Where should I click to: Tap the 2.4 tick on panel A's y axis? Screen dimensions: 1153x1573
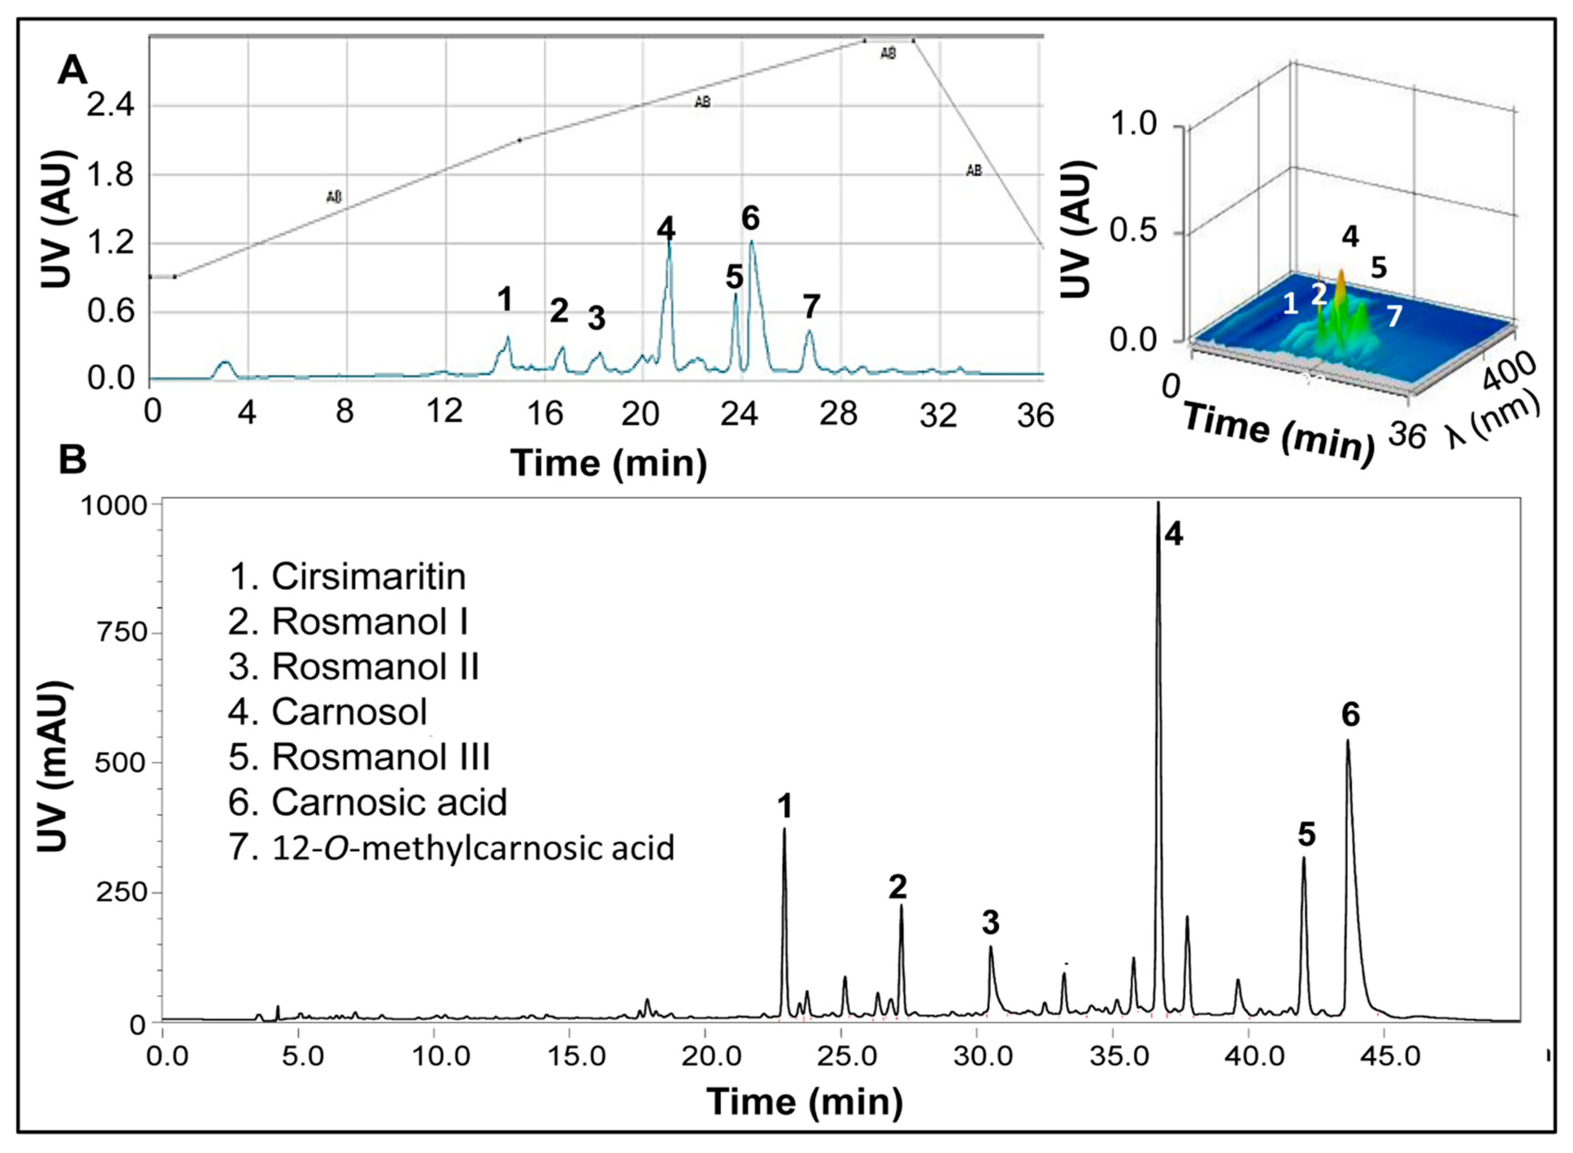coord(110,106)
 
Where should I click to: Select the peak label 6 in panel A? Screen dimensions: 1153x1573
coord(750,218)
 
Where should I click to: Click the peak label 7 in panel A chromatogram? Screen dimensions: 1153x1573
coord(810,306)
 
